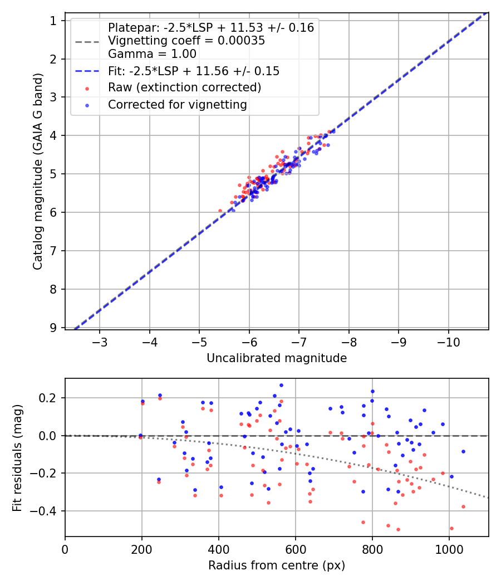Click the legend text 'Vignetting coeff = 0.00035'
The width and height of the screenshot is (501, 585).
point(186,41)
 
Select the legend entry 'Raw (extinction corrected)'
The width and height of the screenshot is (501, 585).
point(184,87)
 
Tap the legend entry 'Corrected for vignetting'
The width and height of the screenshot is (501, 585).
point(177,104)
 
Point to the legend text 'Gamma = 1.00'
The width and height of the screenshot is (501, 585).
point(152,54)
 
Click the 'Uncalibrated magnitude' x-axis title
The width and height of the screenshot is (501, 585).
point(277,358)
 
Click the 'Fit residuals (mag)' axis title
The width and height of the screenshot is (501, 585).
point(17,457)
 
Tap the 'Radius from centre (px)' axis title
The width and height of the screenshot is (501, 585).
point(277,565)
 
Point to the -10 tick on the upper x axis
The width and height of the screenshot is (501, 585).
point(448,341)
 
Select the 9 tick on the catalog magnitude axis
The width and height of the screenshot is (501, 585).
point(54,328)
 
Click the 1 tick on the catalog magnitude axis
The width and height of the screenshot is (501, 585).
point(54,21)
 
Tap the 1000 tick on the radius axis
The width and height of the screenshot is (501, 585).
point(449,548)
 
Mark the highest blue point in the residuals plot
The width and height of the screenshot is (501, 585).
point(281,385)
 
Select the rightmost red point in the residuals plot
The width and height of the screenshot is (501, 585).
point(463,506)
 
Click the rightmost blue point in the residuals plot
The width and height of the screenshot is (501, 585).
point(463,451)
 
